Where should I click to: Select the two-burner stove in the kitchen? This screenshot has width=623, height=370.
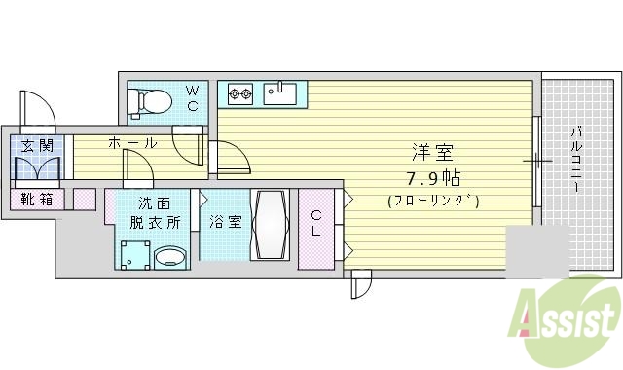[x=239, y=94]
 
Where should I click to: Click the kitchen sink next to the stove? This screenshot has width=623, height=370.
[x=280, y=93]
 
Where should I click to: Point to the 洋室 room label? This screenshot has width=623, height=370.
[x=432, y=154]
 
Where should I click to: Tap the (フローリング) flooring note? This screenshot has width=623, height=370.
[x=432, y=202]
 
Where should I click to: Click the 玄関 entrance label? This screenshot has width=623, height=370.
[x=37, y=145]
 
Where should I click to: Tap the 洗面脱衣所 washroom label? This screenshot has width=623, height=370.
[x=157, y=212]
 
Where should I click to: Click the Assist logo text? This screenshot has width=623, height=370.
[x=569, y=317]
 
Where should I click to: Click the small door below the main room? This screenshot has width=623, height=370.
[x=360, y=286]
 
